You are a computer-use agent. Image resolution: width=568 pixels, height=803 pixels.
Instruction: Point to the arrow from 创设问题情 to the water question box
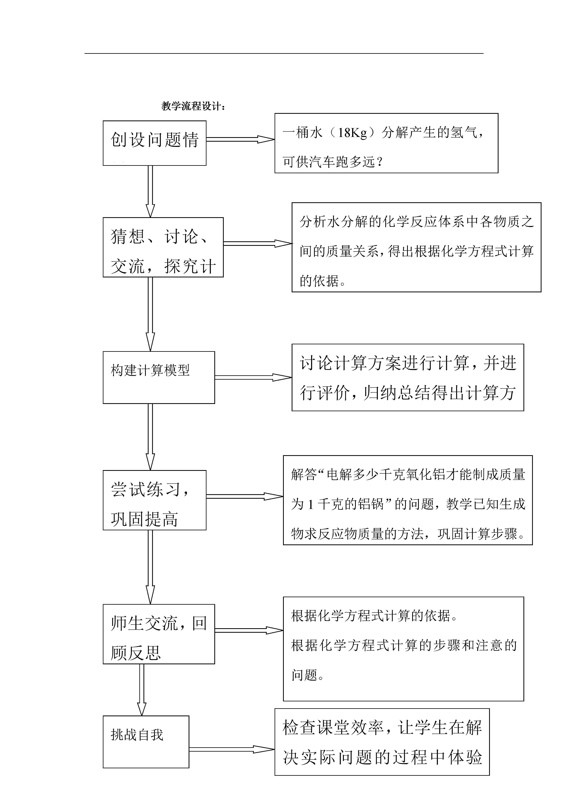pyautogui.click(x=240, y=139)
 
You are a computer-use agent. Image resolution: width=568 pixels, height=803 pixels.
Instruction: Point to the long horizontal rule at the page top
pyautogui.click(x=284, y=54)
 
